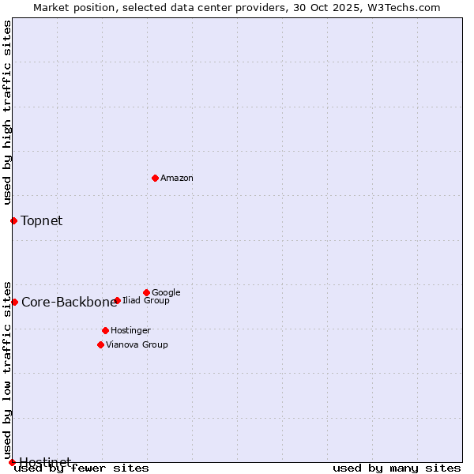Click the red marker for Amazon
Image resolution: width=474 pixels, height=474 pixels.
point(155,178)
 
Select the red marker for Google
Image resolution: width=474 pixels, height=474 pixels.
point(146,292)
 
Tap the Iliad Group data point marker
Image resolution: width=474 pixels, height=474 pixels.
point(117,300)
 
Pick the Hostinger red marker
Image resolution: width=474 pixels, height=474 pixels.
point(105,330)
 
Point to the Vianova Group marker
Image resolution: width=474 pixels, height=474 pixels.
point(100,344)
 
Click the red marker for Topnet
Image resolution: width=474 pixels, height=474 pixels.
point(13,220)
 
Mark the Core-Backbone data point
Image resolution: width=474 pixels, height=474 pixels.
point(14,302)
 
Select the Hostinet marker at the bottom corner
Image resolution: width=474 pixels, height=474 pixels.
point(12,462)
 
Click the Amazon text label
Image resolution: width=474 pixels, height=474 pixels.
point(177,179)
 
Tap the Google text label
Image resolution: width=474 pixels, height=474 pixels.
point(166,292)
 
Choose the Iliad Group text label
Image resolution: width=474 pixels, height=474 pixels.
point(146,301)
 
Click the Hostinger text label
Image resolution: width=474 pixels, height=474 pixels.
point(130,331)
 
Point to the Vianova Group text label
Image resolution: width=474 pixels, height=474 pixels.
point(137,345)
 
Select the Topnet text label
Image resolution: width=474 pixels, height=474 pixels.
point(42,221)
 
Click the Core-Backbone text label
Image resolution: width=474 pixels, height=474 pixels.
point(69,303)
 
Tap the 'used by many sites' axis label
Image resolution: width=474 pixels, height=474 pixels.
point(397,468)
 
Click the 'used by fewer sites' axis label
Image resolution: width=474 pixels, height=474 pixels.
point(81,468)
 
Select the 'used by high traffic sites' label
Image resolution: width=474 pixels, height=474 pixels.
point(8,112)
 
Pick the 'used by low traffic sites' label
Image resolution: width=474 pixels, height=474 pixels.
point(8,369)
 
